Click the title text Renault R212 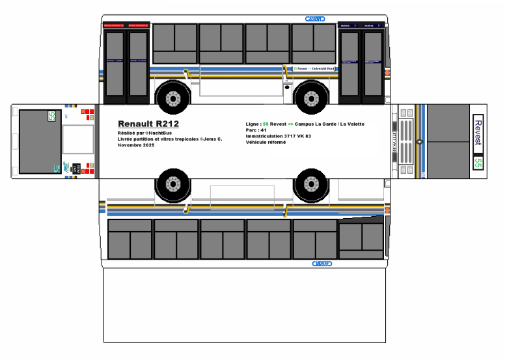148,124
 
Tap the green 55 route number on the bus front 478,163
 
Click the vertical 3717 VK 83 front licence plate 395,143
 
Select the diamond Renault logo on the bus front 419,141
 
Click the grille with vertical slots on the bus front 405,142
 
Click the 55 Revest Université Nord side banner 318,68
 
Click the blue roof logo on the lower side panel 322,264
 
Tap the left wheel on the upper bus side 172,98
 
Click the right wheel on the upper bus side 311,98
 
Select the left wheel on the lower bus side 172,184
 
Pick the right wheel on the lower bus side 311,184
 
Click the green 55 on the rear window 51,117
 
